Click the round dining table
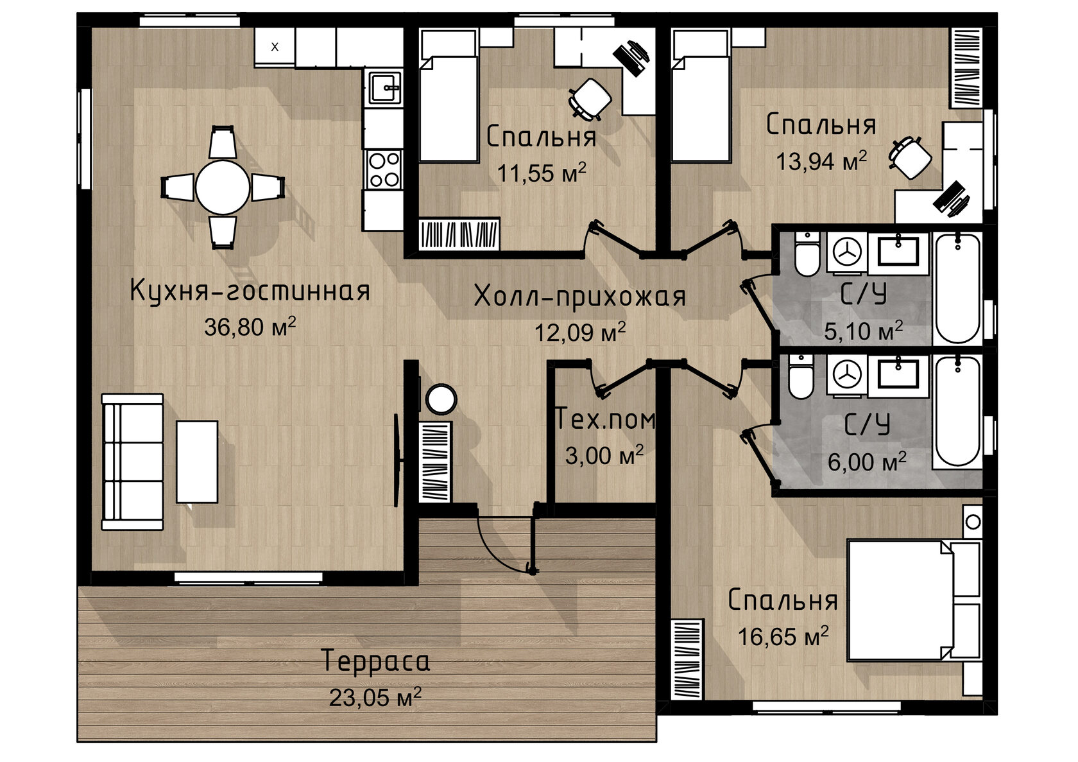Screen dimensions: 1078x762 222,187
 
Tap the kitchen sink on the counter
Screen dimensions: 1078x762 384,88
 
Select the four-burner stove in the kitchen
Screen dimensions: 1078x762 384,169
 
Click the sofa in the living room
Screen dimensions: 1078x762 132,462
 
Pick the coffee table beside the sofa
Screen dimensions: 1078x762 197,462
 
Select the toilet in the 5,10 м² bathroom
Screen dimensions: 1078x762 807,254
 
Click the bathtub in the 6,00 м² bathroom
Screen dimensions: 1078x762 957,412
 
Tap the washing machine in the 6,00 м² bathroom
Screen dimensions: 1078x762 847,376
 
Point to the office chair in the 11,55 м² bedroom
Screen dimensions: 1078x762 589,100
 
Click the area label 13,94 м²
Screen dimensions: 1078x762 821,160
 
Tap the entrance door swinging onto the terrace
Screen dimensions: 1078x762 506,546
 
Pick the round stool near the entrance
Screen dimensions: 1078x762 441,399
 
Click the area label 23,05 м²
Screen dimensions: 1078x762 375,698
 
